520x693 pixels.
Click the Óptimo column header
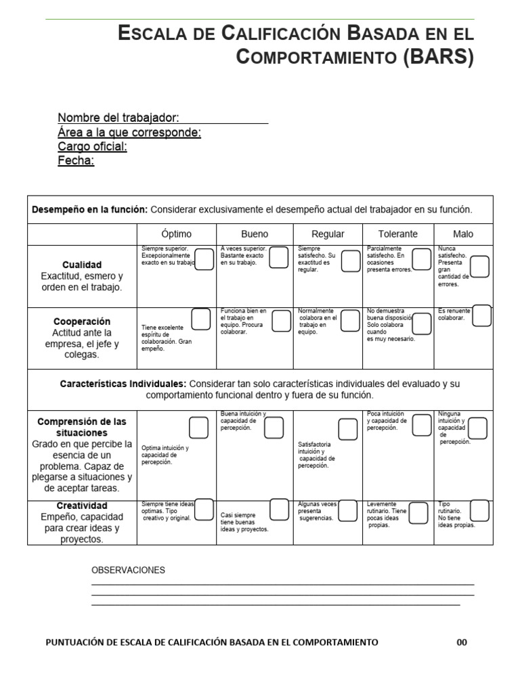coord(177,234)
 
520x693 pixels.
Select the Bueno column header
coord(255,234)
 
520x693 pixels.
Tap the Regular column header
coord(328,234)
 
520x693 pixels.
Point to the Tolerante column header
coord(397,234)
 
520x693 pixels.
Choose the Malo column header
coord(463,234)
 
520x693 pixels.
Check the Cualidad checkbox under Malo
coord(479,267)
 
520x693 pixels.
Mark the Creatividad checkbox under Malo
coord(479,510)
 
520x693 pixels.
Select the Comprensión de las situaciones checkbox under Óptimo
coord(198,428)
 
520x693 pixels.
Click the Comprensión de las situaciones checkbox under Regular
coord(348,429)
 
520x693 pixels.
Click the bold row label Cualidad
coord(82,265)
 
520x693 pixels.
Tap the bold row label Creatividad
coord(82,506)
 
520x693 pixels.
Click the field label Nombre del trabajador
coord(118,118)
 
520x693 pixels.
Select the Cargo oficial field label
coord(92,146)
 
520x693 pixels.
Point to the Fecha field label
coord(76,160)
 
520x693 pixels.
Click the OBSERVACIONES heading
coord(128,570)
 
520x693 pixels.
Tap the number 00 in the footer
coord(462,642)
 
